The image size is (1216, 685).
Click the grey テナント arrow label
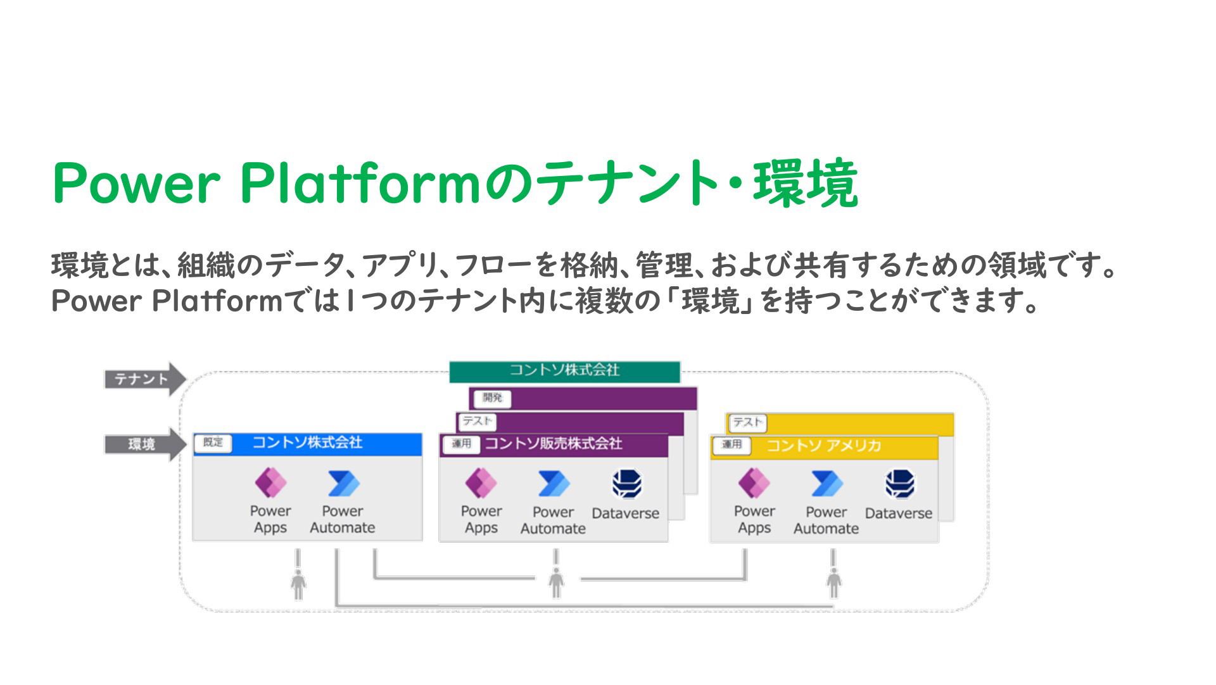[145, 379]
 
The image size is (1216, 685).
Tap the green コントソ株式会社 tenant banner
[564, 371]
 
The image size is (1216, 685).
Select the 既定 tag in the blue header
[213, 443]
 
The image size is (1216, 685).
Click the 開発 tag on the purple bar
[492, 398]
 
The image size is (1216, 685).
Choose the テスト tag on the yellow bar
[748, 422]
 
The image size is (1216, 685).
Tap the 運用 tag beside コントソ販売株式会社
[461, 444]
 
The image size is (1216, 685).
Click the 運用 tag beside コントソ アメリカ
[731, 444]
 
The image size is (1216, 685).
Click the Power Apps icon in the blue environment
[270, 483]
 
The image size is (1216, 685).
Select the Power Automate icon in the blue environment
[343, 484]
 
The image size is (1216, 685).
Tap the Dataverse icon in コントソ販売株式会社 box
[627, 484]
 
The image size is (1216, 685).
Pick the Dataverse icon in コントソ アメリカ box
[900, 484]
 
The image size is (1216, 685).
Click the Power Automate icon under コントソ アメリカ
[826, 484]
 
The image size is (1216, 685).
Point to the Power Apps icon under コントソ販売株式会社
[481, 483]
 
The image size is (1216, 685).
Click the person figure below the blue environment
[298, 584]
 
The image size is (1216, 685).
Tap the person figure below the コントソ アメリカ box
[833, 583]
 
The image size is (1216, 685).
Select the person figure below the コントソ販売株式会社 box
[556, 583]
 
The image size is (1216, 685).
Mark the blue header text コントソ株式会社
[307, 443]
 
